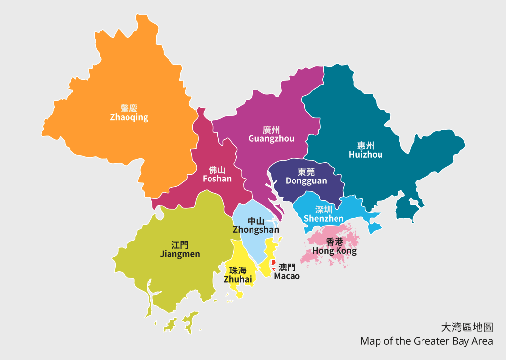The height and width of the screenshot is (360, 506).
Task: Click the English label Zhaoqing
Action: coord(129,118)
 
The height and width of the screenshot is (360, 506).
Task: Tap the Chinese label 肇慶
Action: coord(129,108)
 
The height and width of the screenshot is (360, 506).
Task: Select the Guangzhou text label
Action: coord(271,139)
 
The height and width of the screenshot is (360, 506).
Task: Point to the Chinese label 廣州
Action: coord(271,130)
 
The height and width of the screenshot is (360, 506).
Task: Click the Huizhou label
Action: coord(366,155)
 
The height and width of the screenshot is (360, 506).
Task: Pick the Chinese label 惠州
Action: coord(366,145)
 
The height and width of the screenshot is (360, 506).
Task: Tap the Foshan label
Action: coord(217,179)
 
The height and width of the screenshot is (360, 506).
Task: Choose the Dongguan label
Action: coord(306,181)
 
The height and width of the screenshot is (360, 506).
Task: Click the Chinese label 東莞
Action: coord(306,172)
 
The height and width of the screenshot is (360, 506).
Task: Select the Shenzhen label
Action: coord(324,219)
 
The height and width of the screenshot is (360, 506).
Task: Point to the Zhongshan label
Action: coord(256,230)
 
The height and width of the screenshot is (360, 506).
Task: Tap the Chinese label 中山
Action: coord(256,221)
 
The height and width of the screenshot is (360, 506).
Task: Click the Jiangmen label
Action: coord(180,254)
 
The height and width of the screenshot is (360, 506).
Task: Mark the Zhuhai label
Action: coord(238,280)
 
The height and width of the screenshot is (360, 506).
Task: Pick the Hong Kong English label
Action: coord(335,251)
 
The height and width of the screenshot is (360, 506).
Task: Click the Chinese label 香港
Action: coord(335,242)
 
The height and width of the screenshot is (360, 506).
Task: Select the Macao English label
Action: coord(287,276)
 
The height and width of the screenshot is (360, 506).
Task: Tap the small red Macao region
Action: coord(272,263)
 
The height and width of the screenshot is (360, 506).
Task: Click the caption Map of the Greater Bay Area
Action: coord(426,341)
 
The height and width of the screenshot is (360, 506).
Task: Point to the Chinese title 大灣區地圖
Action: coord(467,327)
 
